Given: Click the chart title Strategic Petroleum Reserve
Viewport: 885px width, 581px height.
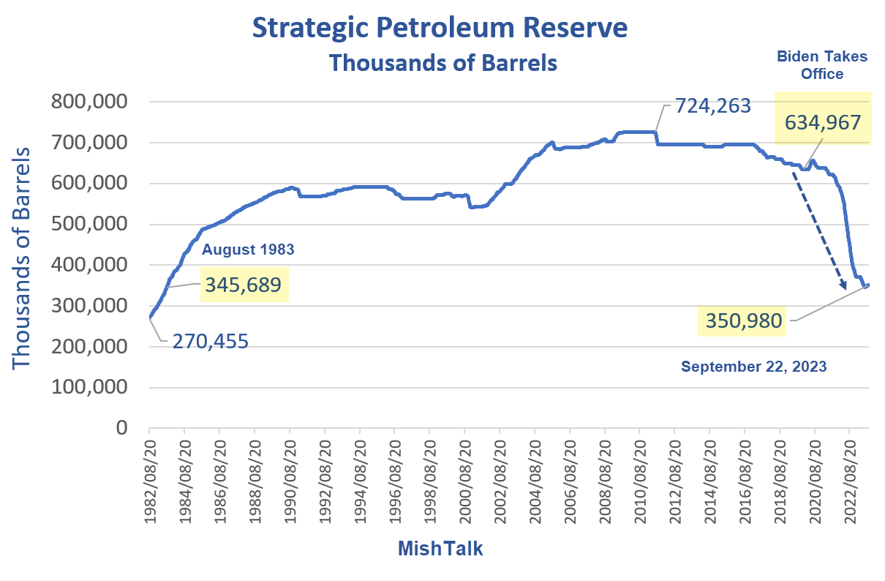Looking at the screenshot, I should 440,29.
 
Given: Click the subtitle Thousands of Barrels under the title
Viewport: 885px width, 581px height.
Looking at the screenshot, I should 442,63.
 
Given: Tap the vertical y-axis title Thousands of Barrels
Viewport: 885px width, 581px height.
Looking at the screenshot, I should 23,258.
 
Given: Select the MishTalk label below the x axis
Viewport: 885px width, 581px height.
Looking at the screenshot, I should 440,548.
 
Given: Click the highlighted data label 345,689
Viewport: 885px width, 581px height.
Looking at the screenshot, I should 244,285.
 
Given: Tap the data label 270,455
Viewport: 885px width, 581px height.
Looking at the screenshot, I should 211,341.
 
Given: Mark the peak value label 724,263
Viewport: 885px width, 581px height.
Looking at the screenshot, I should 712,106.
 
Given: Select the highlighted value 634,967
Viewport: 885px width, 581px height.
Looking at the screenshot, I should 823,122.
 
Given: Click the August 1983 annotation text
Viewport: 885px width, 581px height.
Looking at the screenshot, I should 248,250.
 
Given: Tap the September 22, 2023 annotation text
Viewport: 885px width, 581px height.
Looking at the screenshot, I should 753,367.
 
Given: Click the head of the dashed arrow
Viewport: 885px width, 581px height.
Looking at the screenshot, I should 843,288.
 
